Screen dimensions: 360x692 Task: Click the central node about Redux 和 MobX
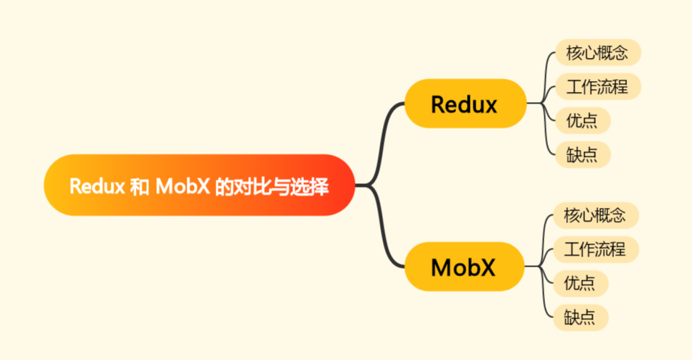pyautogui.click(x=199, y=185)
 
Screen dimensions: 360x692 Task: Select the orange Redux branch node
pyautogui.click(x=464, y=104)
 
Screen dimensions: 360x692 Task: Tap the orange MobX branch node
pyautogui.click(x=463, y=267)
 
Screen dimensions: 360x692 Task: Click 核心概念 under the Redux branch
pyautogui.click(x=596, y=53)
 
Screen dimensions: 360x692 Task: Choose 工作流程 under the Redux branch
pyautogui.click(x=596, y=87)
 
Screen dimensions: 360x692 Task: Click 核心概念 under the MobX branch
pyautogui.click(x=594, y=215)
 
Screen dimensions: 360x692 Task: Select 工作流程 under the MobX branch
pyautogui.click(x=594, y=250)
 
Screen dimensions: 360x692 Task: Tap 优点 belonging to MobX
pyautogui.click(x=580, y=283)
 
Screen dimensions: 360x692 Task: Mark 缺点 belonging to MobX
pyautogui.click(x=580, y=317)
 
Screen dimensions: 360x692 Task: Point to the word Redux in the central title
pyautogui.click(x=96, y=186)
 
